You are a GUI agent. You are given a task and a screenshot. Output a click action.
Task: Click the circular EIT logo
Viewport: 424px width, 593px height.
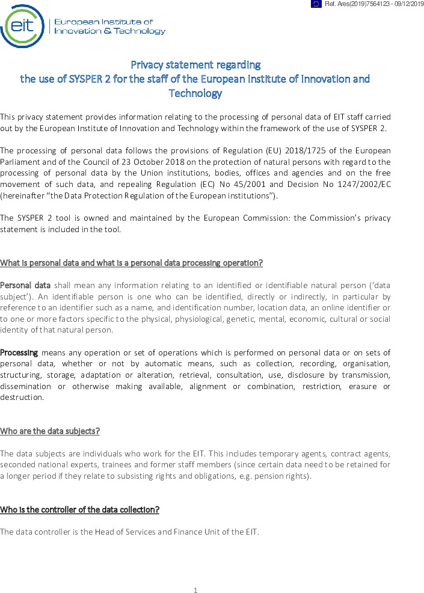(22, 26)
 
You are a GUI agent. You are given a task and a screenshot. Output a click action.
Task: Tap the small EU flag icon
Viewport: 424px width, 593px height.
(316, 4)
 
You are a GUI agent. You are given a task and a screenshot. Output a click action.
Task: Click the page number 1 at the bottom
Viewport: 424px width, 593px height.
(195, 590)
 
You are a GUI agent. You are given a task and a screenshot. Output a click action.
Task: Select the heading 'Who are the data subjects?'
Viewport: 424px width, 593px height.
(50, 431)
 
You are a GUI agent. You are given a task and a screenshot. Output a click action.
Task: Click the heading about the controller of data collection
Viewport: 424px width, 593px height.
(79, 510)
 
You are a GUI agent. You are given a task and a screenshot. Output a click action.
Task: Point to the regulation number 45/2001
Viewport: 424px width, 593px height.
(262, 184)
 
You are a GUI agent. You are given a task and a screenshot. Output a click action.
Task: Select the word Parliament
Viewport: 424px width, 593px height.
(21, 161)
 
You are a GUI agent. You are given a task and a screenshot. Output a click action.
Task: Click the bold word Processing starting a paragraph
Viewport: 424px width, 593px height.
(19, 352)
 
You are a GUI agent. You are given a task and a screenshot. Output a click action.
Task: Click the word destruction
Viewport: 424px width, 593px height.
(22, 398)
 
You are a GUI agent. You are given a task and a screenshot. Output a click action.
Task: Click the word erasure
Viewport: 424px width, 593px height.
(364, 386)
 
